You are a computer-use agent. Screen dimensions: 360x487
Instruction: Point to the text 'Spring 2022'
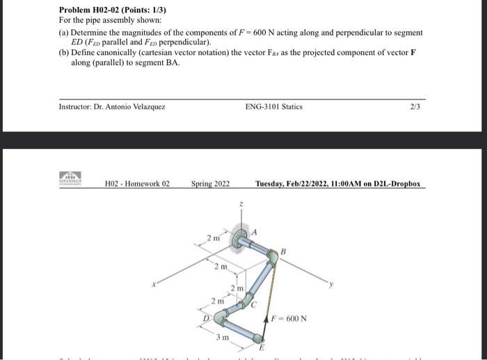point(210,184)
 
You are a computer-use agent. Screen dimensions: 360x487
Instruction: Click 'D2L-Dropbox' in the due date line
point(393,184)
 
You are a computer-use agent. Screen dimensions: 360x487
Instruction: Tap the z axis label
point(240,205)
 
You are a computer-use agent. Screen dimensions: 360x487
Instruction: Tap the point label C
point(255,304)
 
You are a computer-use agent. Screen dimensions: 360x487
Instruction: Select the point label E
point(262,347)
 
